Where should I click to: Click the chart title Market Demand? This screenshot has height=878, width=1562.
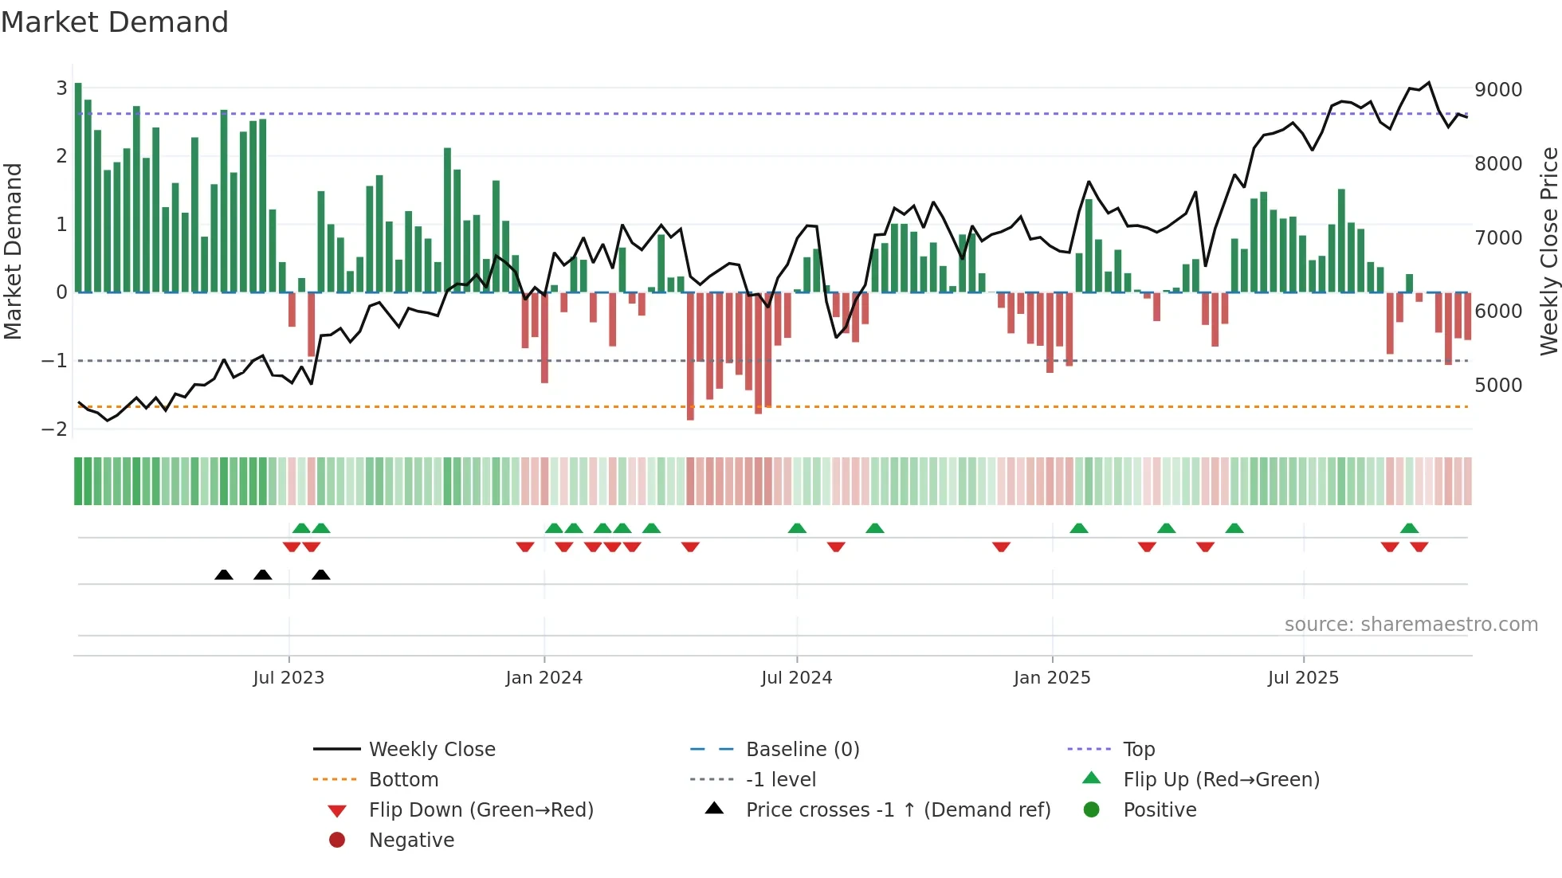pyautogui.click(x=115, y=22)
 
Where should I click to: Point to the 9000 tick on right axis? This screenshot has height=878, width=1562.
pyautogui.click(x=1498, y=90)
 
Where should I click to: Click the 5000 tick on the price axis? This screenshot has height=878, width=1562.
pyautogui.click(x=1498, y=386)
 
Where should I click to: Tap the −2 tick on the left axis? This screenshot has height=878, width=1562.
pyautogui.click(x=54, y=429)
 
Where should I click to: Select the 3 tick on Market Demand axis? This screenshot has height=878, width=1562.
pyautogui.click(x=61, y=88)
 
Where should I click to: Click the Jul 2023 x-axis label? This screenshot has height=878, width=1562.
pyautogui.click(x=288, y=678)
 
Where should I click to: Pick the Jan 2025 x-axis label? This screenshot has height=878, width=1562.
pyautogui.click(x=1052, y=678)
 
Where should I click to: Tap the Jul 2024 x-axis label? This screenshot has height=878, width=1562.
pyautogui.click(x=796, y=678)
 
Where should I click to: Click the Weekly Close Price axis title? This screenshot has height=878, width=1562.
pyautogui.click(x=1548, y=251)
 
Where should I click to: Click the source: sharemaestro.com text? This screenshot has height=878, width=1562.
pyautogui.click(x=1411, y=625)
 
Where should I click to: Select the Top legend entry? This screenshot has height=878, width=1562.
pyautogui.click(x=1139, y=750)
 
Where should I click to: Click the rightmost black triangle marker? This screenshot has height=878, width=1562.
pyautogui.click(x=321, y=575)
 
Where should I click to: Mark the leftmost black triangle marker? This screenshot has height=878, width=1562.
pyautogui.click(x=224, y=575)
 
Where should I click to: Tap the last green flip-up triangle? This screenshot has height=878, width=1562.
pyautogui.click(x=1409, y=528)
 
